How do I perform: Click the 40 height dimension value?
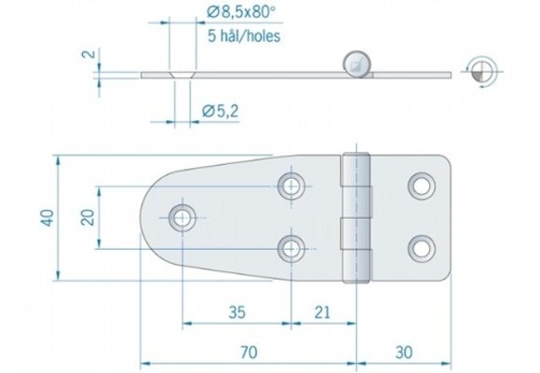point(47,216)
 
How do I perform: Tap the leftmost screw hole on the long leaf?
point(181,217)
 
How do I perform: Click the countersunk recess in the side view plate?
point(182,72)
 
